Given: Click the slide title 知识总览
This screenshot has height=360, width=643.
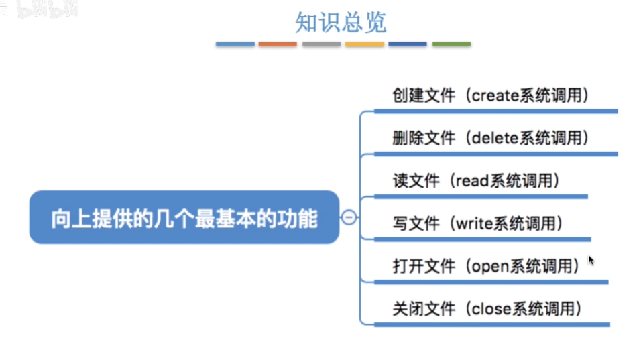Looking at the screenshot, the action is tap(341, 22).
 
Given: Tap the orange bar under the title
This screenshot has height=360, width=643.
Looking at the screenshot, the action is tap(278, 44).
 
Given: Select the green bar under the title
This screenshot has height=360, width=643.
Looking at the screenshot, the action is tap(451, 44).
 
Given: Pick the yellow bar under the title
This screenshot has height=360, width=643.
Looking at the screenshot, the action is tap(365, 44).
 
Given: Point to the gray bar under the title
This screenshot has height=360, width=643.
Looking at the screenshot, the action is tap(322, 44).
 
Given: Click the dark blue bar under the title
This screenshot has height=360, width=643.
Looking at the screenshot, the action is tap(408, 44).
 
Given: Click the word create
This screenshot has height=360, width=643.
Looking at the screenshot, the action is tap(495, 96).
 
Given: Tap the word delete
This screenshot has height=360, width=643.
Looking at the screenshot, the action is tap(495, 138).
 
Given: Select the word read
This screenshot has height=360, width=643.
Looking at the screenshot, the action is tap(473, 181).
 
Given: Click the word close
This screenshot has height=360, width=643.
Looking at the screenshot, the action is tap(491, 309).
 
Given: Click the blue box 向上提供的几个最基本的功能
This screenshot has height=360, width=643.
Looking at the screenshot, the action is tap(184, 217).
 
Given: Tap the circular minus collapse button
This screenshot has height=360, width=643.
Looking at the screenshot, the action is tap(349, 217).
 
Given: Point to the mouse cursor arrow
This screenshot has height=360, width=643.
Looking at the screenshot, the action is tap(591, 260).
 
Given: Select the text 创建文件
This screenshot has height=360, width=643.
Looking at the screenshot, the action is tap(424, 96).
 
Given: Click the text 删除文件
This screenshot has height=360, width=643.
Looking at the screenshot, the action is tap(424, 138).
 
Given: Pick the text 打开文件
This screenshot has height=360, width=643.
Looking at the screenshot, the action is tap(424, 266).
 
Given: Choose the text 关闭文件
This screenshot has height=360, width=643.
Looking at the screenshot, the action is tap(424, 309).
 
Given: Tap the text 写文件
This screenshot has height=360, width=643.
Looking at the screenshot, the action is tap(416, 223).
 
